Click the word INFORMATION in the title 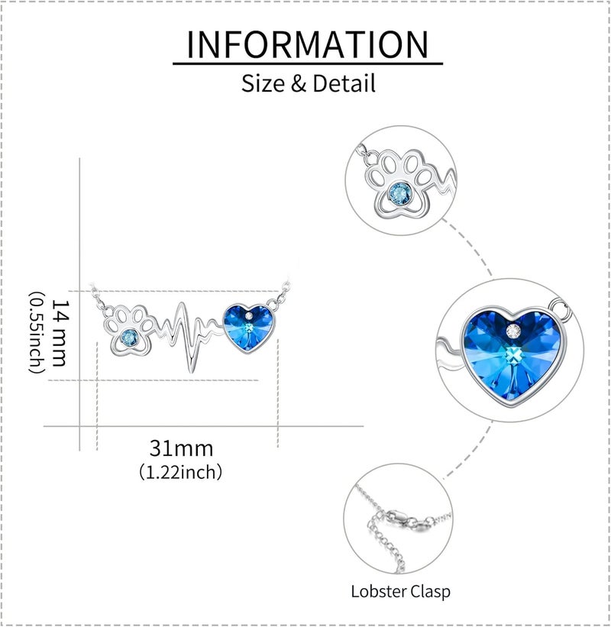pos(308,44)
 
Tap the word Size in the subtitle pos(264,83)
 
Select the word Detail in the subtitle pos(344,83)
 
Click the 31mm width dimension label pos(181,448)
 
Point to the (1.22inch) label pos(180,472)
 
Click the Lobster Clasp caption pos(401,592)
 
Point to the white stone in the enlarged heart pos(513,331)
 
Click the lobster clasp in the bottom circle pos(407,521)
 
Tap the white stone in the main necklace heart pos(249,316)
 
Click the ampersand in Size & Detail pos(299,83)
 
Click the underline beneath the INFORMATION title pos(308,63)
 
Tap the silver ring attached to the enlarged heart pos(559,309)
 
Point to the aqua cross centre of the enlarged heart pos(513,355)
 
